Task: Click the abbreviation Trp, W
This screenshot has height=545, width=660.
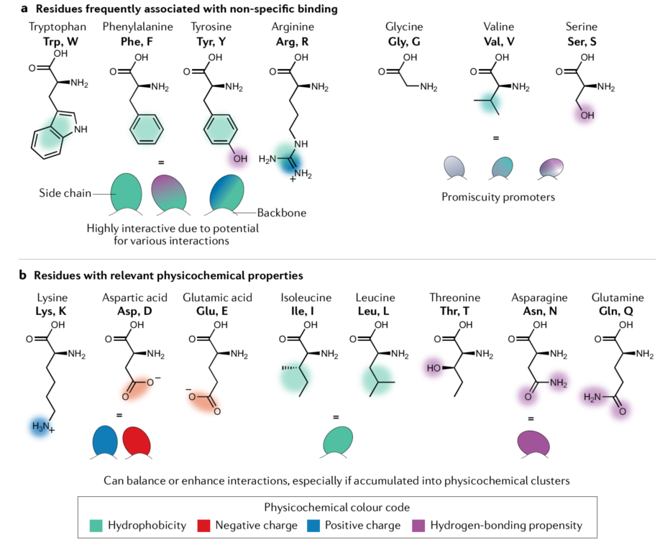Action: point(60,42)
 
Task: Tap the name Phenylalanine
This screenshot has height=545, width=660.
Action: point(137,27)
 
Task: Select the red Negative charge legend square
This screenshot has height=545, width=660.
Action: point(203,526)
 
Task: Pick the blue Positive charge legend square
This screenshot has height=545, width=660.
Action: point(313,526)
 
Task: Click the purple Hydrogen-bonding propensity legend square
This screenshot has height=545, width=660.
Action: point(418,526)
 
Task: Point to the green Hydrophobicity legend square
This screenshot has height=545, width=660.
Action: point(96,526)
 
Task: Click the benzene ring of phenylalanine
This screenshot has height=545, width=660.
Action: point(147,130)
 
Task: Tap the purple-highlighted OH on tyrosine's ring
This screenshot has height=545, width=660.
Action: point(240,159)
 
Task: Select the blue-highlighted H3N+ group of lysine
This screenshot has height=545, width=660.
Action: point(43,427)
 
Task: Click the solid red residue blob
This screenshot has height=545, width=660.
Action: point(137,441)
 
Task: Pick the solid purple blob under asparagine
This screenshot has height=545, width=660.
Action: point(533,444)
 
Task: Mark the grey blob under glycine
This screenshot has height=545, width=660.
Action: point(454,168)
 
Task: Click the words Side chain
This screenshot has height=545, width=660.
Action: point(65,193)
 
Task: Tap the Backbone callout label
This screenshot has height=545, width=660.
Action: point(282,213)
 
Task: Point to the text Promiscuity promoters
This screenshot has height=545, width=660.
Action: point(498,197)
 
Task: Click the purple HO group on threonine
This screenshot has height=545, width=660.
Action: point(434,368)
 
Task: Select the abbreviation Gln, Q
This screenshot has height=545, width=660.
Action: point(616,311)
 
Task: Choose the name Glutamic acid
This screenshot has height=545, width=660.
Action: point(217,298)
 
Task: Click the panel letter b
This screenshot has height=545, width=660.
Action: point(23,275)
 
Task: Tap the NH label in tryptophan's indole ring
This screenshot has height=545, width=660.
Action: point(81,129)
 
